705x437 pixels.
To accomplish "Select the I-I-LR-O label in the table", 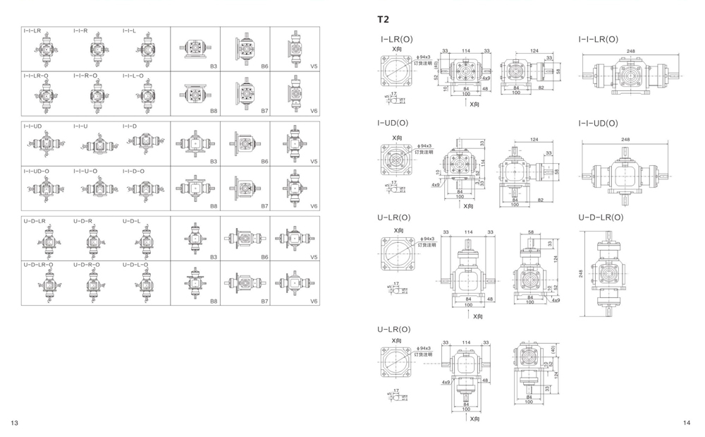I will tap(36, 76).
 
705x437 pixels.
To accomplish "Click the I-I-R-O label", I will tap(85, 76).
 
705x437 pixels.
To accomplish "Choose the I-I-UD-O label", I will tap(37, 171).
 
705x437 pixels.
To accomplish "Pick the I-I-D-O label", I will tap(133, 171).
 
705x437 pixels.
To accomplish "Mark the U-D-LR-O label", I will tap(37, 265).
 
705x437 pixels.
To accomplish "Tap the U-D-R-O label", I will tap(86, 265).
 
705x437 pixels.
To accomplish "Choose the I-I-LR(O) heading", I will tap(599, 40).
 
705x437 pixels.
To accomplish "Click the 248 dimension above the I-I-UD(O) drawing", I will tap(626, 140).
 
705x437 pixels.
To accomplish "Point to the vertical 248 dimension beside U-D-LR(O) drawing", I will tap(582, 273).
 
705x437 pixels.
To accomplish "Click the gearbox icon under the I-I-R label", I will tap(97, 49).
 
